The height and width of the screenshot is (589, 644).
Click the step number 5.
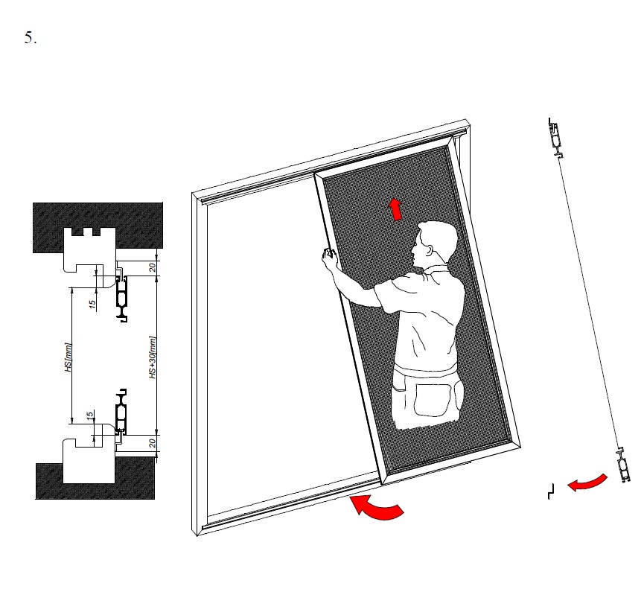pyautogui.click(x=31, y=38)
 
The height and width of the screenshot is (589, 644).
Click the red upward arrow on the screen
pyautogui.click(x=396, y=209)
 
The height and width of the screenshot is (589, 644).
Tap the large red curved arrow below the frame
pyautogui.click(x=376, y=508)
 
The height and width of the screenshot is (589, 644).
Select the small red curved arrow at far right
pyautogui.click(x=587, y=483)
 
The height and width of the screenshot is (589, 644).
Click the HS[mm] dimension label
pyautogui.click(x=68, y=357)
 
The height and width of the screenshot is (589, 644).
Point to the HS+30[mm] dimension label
pyautogui.click(x=153, y=357)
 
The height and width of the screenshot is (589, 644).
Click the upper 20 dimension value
pyautogui.click(x=153, y=267)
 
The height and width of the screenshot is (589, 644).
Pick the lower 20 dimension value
pyautogui.click(x=153, y=443)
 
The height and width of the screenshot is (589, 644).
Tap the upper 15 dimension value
pyautogui.click(x=92, y=304)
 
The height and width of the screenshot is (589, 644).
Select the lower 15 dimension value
pyautogui.click(x=90, y=416)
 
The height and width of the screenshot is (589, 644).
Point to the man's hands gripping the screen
pyautogui.click(x=329, y=257)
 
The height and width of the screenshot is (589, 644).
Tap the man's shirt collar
pyautogui.click(x=435, y=269)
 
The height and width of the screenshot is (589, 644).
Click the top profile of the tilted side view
pyautogui.click(x=555, y=138)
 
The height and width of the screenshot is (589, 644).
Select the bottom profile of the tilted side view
pyautogui.click(x=624, y=465)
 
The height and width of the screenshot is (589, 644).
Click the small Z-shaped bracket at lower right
pyautogui.click(x=551, y=491)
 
